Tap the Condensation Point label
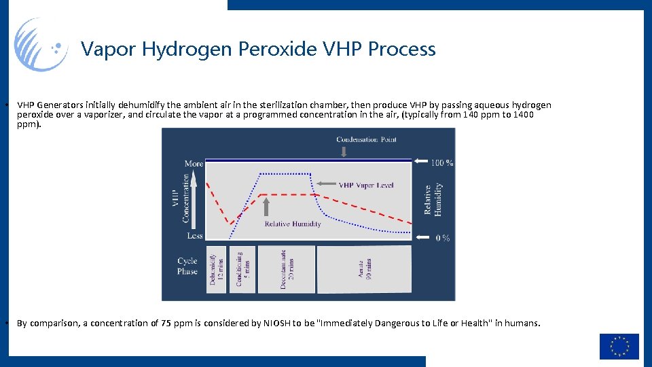[x=366, y=139]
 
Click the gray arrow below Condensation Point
[x=344, y=152]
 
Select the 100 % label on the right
[x=441, y=162]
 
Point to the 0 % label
[x=442, y=237]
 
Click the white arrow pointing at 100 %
[x=421, y=162]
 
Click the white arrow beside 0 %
[x=421, y=237]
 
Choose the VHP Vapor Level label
[x=366, y=185]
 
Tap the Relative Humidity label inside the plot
[x=292, y=224]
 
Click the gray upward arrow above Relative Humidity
[x=266, y=206]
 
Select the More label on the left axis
[x=194, y=163]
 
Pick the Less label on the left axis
[x=195, y=236]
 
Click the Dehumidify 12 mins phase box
[x=216, y=269]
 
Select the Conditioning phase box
[x=242, y=269]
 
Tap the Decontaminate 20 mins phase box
[x=286, y=269]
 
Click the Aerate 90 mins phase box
[x=363, y=269]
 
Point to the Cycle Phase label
[x=187, y=266]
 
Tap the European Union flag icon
[x=619, y=346]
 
